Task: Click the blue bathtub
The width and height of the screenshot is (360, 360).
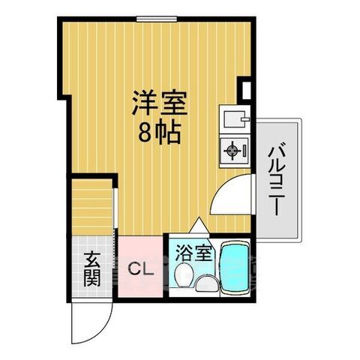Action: (235, 269)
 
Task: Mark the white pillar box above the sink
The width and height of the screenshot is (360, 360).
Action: (244, 88)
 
